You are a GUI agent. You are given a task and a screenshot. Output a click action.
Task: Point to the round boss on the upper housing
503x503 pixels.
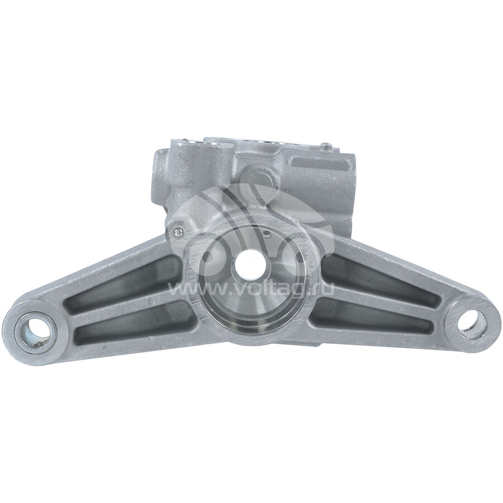tap(260, 176)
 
